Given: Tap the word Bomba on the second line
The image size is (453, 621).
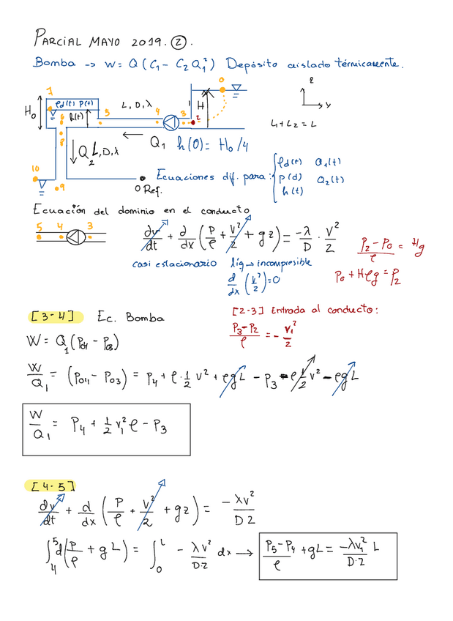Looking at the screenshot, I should point(54,64).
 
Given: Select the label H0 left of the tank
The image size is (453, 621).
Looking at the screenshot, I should point(30,113).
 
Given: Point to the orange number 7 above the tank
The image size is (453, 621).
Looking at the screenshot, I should point(50,91).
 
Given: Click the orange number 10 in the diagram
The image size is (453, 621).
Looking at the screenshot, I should point(34,169).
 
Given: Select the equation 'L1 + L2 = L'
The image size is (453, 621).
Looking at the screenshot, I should point(293,124).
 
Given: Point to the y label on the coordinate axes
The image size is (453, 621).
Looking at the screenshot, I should point(328,105).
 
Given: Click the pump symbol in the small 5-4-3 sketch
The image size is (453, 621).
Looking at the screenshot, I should point(73,236).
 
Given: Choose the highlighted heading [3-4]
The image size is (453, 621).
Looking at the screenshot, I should point(52,317).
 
